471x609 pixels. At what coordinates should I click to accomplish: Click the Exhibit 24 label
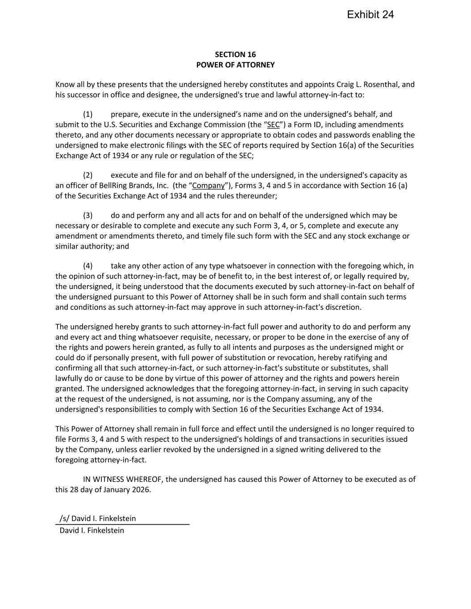point(370,15)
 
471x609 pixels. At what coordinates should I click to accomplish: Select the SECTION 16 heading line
point(235,54)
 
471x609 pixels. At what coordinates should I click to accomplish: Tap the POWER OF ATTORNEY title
point(235,65)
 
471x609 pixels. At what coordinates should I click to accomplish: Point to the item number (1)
point(88,114)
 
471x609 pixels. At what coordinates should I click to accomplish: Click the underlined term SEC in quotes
point(273,124)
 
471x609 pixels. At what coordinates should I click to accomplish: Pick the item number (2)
point(88,175)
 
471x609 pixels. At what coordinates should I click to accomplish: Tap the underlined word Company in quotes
point(208,186)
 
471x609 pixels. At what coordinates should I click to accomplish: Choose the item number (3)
point(88,215)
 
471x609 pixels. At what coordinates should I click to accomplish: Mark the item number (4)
point(88,266)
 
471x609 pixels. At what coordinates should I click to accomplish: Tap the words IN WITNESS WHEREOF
point(123,479)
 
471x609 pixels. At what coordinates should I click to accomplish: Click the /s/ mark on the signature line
point(65,518)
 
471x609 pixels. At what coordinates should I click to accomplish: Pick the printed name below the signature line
point(92,530)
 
